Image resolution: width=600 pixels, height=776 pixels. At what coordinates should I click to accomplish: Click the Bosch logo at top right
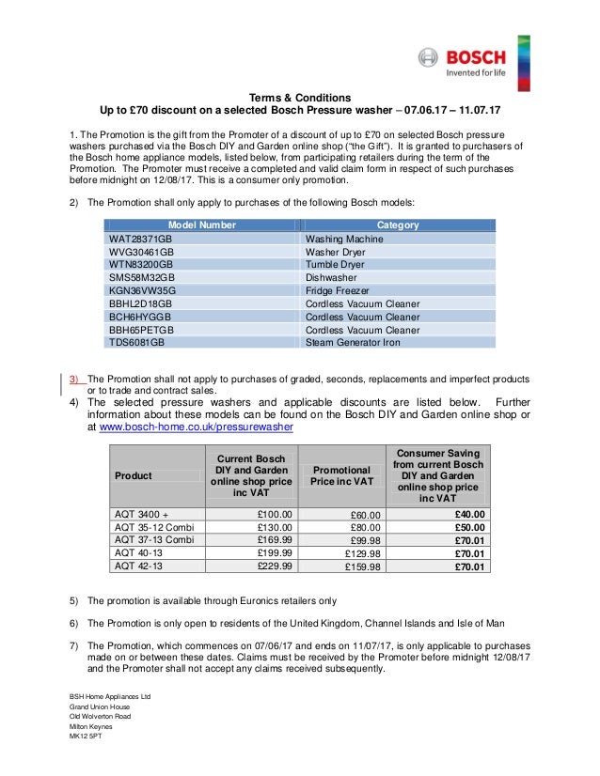point(463,63)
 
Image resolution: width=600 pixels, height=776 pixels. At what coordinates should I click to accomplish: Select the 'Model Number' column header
point(202,225)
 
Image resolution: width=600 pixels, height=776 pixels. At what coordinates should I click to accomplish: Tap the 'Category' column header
point(398,225)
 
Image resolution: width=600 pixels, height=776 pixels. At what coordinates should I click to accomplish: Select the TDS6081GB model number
point(137,343)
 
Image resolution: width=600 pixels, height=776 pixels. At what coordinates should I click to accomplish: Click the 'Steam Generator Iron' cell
point(353,343)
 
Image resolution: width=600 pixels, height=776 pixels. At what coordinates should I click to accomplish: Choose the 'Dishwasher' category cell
point(330,278)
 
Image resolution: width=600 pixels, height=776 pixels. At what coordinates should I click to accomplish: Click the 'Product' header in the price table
point(134,476)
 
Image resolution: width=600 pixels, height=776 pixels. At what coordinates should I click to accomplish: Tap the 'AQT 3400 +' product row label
point(141,515)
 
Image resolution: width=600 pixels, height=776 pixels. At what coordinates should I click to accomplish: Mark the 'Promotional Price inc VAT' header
point(341,475)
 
